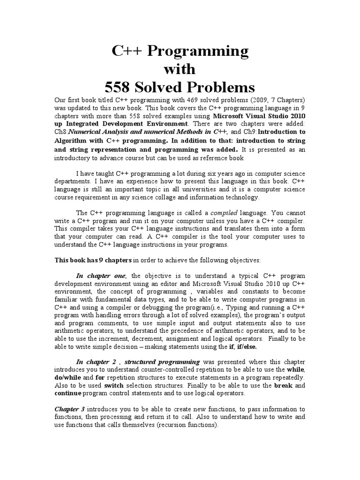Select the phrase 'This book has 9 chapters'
click(x=94, y=261)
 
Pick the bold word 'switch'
click(x=113, y=385)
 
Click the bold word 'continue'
click(x=68, y=393)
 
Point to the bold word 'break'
click(x=283, y=385)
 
